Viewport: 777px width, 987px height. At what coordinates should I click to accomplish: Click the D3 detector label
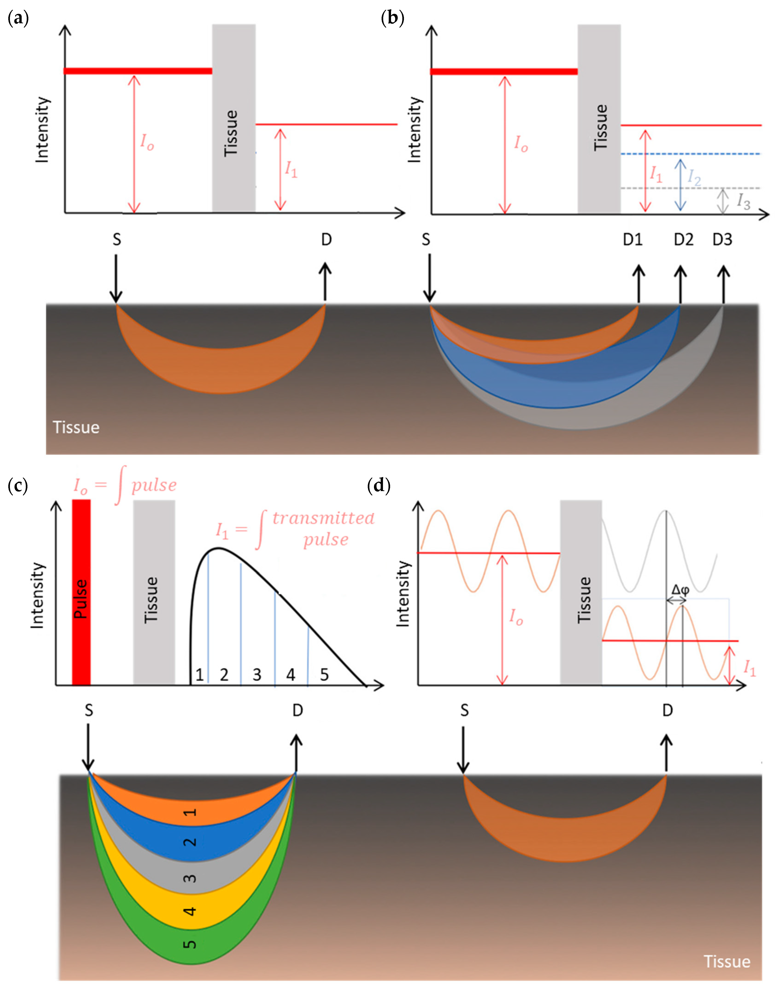coord(722,240)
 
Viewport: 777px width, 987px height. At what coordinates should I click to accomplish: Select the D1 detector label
coord(633,240)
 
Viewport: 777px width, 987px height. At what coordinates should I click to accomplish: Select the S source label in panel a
coord(117,240)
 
